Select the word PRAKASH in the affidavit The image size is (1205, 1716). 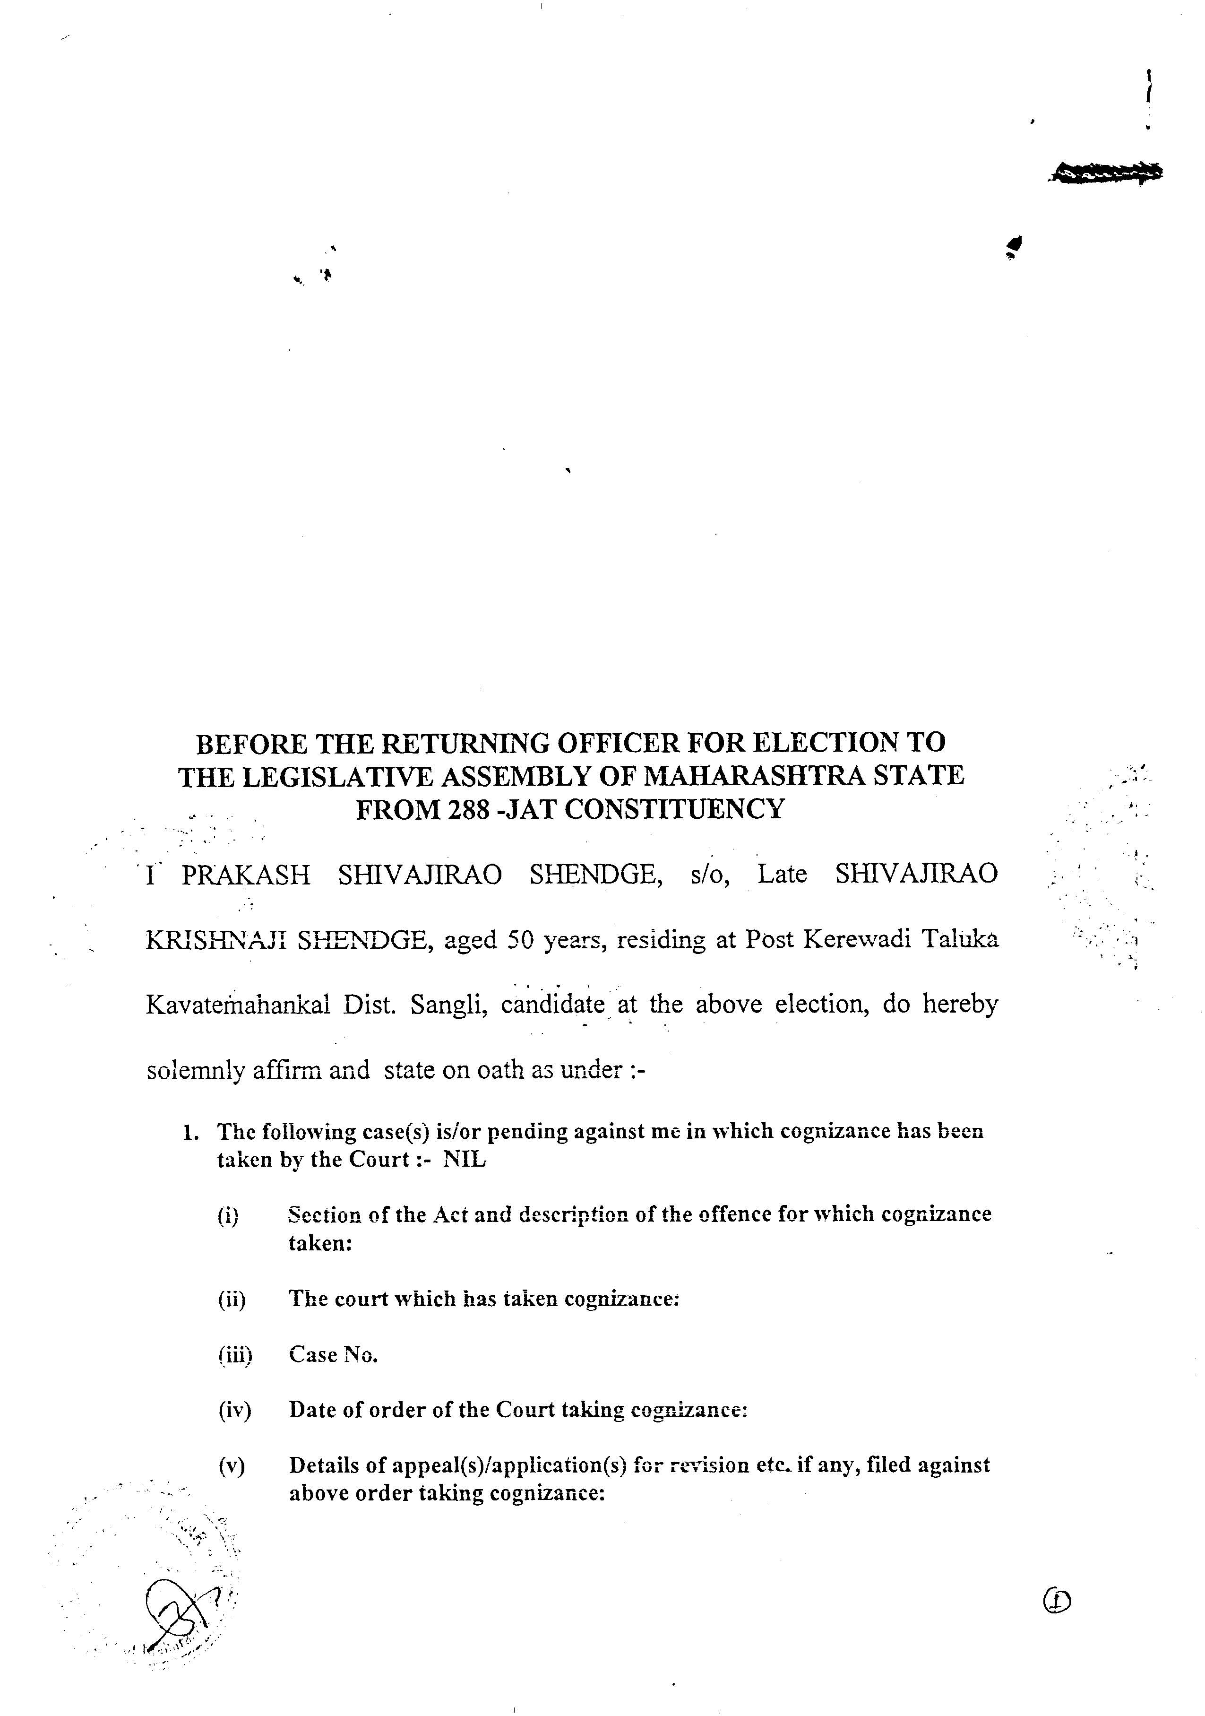coord(246,875)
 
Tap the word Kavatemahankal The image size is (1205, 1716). coord(238,1005)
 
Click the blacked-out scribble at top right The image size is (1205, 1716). coord(1105,173)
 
